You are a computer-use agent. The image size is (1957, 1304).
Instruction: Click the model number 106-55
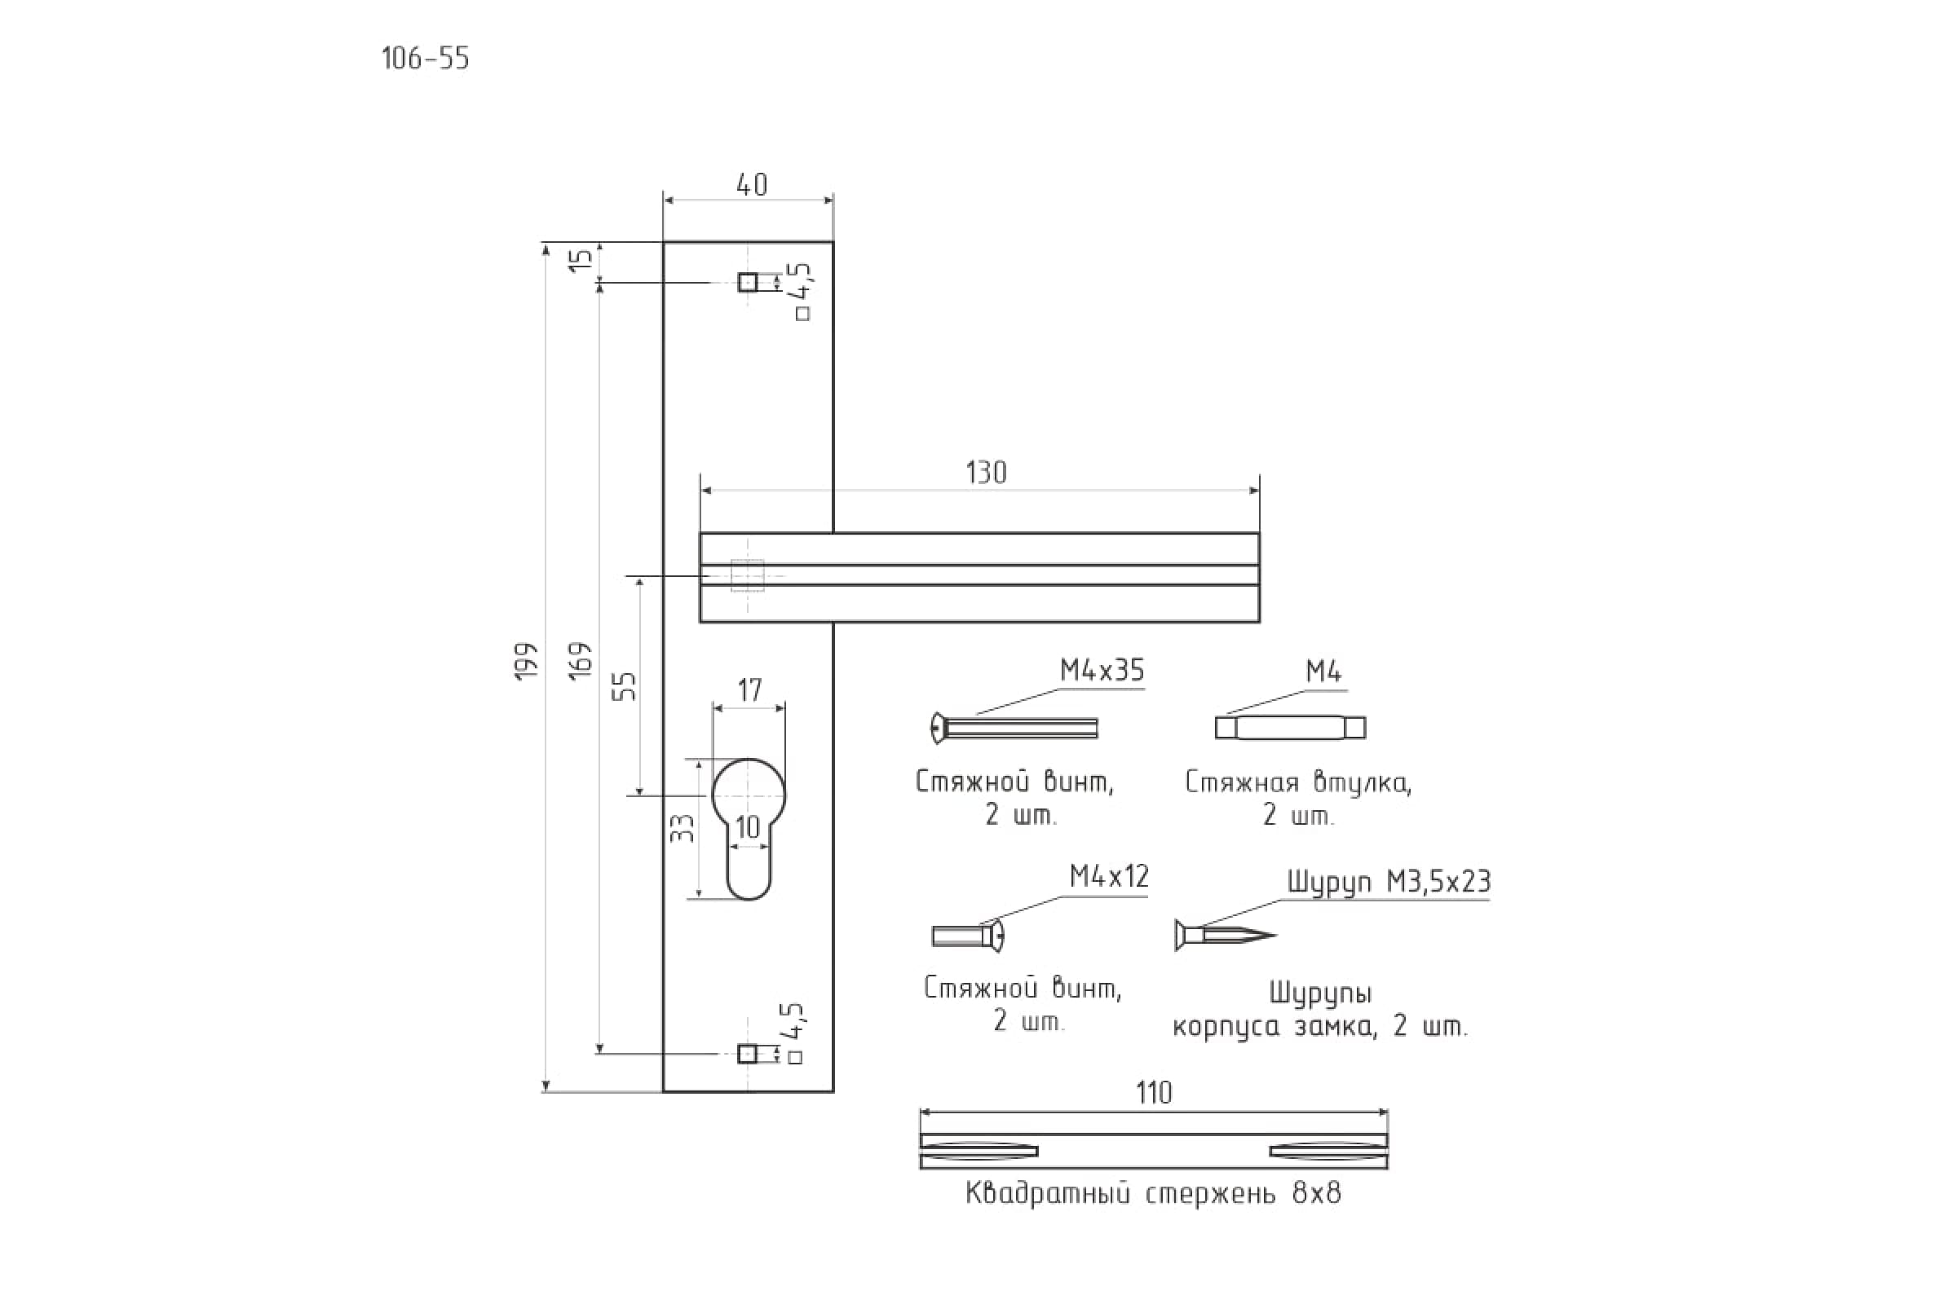425,59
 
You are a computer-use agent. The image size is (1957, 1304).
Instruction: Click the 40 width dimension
751,185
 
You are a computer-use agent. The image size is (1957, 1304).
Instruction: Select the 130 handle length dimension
986,473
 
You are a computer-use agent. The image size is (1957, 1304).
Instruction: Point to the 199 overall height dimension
527,662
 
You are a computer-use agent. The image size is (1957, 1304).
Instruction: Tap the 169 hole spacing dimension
581,660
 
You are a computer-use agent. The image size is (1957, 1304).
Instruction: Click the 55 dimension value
624,686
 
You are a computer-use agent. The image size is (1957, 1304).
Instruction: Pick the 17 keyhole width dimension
749,690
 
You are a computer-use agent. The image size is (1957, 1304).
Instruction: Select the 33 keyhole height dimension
683,827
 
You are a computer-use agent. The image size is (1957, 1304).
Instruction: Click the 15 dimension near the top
585,258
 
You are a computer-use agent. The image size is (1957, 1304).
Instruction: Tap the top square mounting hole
747,283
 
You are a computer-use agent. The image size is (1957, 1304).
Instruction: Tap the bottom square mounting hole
747,1055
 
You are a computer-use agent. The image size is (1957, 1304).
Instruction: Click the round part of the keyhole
748,792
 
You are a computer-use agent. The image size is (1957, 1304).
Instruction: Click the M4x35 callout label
1102,670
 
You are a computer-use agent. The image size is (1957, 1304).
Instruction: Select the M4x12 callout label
1108,875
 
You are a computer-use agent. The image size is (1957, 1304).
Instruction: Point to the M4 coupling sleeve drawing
1290,728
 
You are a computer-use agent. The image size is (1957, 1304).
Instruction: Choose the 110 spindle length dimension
1154,1093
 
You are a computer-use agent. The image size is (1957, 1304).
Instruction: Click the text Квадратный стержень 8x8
1153,1193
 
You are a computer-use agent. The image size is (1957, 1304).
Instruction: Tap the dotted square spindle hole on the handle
747,575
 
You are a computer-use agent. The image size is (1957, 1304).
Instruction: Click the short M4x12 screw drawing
968,936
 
